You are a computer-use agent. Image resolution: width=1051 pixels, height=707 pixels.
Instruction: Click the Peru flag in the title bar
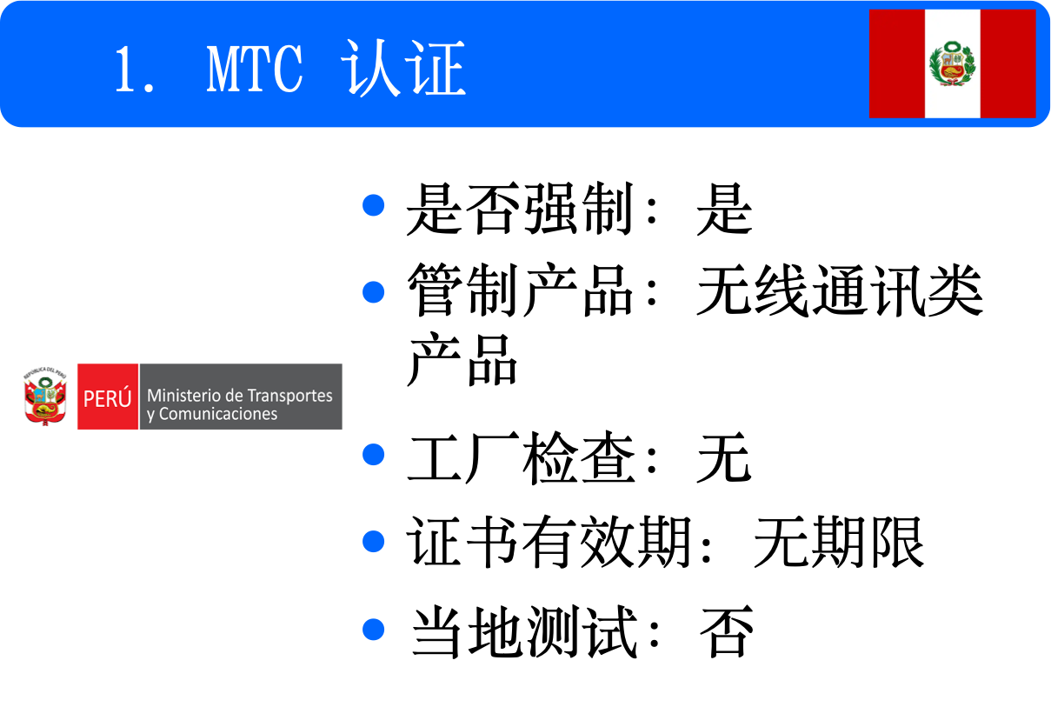point(952,63)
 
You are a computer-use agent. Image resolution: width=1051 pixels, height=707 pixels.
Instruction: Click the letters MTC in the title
point(256,70)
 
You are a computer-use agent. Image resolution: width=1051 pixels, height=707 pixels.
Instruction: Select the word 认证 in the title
point(405,70)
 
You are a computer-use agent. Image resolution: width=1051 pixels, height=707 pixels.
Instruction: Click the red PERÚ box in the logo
point(108,397)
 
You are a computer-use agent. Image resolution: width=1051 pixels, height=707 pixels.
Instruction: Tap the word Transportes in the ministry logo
point(289,395)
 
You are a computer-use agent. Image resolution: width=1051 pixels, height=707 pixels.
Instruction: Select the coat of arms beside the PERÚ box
point(46,396)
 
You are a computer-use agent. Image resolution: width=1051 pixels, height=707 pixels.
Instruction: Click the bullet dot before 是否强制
point(373,206)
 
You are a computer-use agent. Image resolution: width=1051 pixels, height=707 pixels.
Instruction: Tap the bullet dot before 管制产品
point(373,290)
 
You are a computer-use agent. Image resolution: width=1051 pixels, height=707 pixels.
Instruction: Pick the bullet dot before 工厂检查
point(373,454)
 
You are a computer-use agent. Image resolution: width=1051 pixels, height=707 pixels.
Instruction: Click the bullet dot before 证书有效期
point(373,541)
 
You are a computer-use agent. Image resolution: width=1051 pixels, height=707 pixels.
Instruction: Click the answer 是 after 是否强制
point(724,210)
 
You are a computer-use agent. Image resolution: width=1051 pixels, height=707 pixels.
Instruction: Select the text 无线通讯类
point(839,292)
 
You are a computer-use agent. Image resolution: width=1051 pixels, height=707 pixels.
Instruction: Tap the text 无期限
point(838,543)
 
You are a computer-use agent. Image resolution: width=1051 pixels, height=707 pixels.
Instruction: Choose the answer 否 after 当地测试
point(725,631)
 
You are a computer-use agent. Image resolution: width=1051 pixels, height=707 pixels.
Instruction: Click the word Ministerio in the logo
point(182,395)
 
